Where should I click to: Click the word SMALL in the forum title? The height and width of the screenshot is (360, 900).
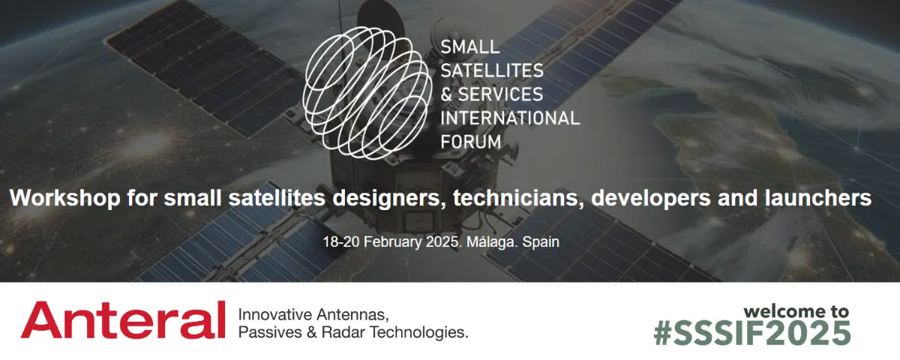(469, 47)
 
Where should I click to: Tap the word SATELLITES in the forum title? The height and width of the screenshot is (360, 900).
(492, 70)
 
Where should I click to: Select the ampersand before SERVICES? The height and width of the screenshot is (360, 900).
(446, 94)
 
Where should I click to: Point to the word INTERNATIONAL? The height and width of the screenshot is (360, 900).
(510, 118)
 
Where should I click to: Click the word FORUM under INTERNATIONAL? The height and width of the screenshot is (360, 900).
(471, 142)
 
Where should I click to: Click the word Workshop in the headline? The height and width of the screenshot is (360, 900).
(65, 198)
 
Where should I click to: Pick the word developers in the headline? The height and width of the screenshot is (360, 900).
(650, 198)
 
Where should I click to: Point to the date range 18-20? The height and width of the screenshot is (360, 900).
(341, 241)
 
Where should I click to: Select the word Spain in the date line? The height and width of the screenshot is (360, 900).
(541, 242)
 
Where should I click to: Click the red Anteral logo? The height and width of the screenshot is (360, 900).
(123, 319)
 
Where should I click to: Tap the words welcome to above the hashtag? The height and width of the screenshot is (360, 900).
(796, 311)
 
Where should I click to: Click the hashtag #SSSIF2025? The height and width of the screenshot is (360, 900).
(752, 333)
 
